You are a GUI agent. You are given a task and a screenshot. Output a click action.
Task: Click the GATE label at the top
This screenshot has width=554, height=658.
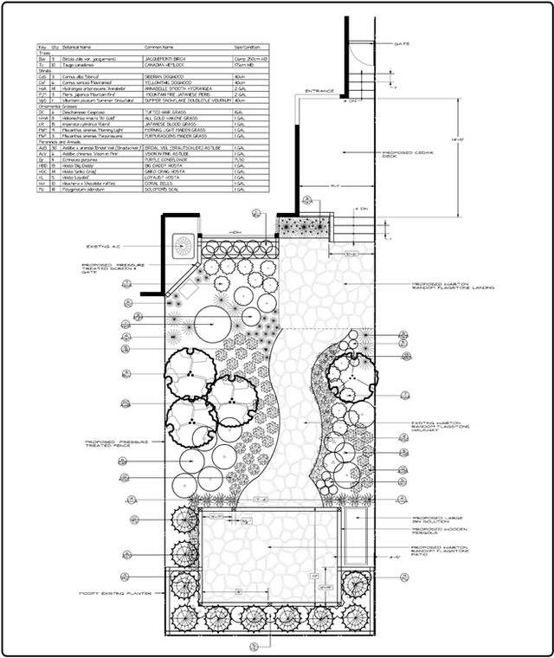point(402,43)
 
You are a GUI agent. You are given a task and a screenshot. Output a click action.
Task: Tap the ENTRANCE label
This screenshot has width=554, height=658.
point(319,89)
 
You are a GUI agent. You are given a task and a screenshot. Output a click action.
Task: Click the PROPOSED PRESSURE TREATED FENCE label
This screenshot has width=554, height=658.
point(117,443)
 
